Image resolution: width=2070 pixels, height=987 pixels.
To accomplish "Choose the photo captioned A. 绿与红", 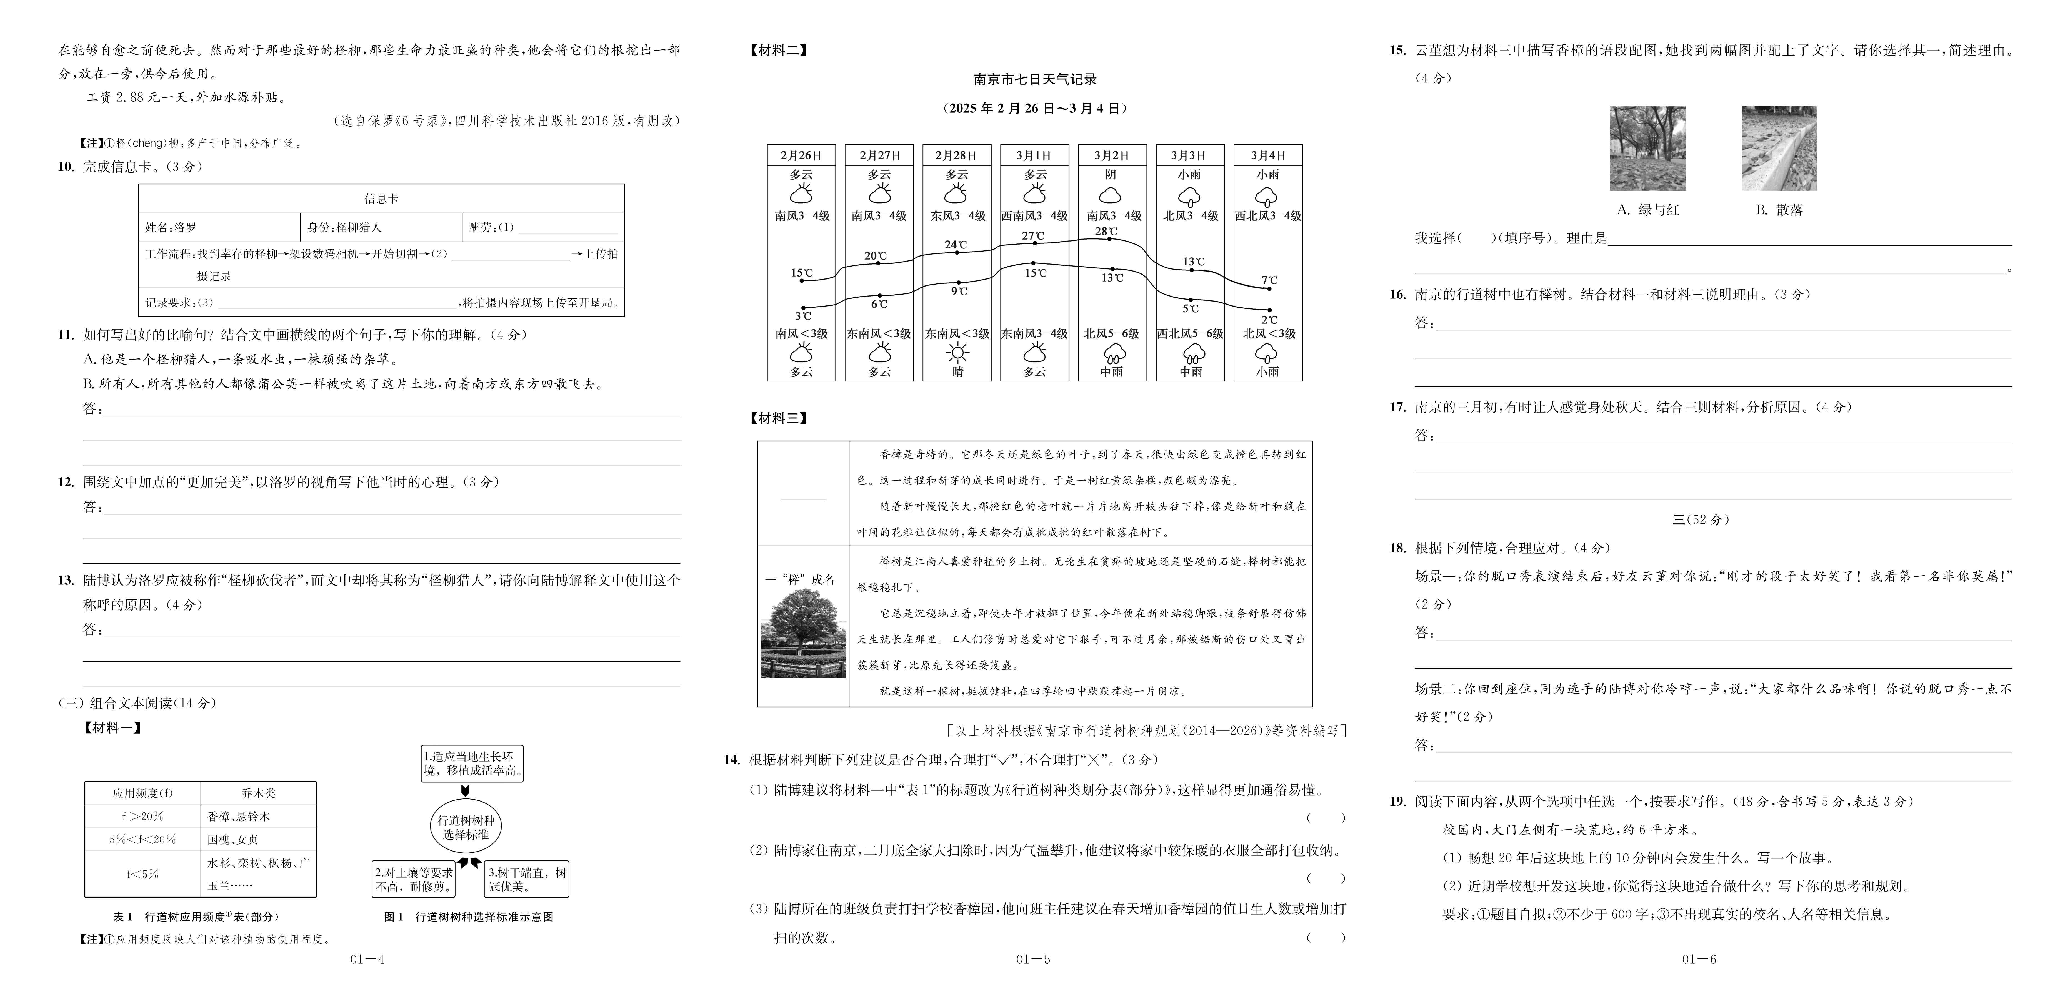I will (1647, 149).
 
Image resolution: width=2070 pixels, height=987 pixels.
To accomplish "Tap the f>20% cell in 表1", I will (142, 816).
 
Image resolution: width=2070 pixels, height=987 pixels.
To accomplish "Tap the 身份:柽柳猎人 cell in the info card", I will (381, 227).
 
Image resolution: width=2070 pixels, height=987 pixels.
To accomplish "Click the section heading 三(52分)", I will (1700, 520).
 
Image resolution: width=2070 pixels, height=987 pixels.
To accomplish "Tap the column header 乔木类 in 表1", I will (258, 793).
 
